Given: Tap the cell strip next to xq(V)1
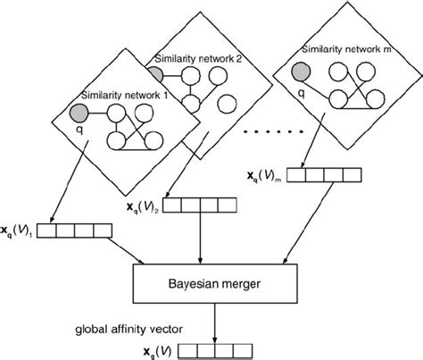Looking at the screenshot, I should [78, 232].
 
